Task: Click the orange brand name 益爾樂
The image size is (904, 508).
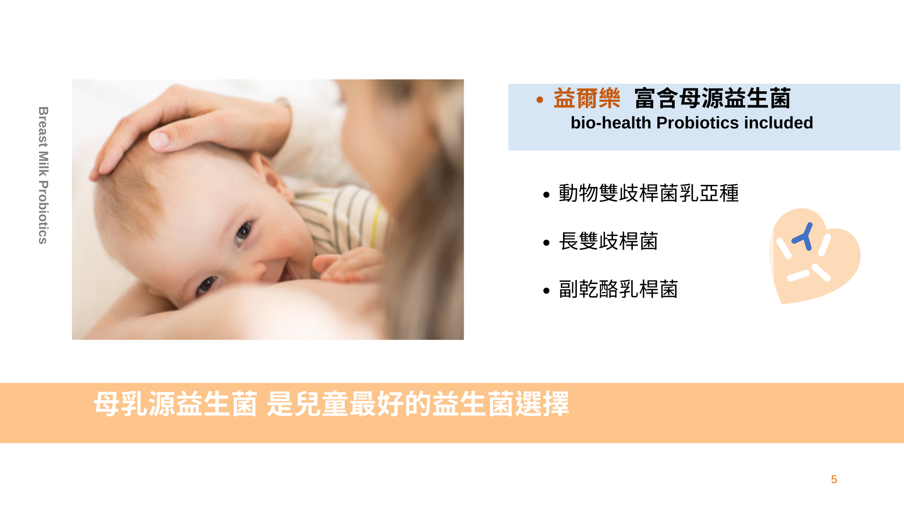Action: point(587,98)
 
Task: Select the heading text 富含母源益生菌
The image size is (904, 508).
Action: point(712,98)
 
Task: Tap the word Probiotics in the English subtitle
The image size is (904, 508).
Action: point(697,123)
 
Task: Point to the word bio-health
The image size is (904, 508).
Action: point(611,123)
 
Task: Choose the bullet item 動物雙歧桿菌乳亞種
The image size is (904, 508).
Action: point(649,193)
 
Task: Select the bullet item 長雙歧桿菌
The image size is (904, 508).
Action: point(608,241)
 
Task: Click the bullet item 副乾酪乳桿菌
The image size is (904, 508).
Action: point(618,289)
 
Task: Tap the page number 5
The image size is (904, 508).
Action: point(834,479)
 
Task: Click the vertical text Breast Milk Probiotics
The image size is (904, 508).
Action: point(43,175)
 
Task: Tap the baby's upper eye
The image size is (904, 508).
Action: point(243,232)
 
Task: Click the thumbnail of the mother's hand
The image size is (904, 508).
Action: point(159,139)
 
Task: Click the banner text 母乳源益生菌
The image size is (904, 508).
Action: point(176,404)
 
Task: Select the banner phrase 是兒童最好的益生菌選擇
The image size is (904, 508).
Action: point(418,404)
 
